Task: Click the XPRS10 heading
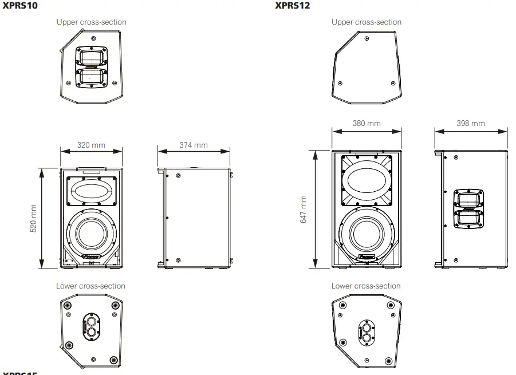20,6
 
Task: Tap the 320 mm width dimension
91,145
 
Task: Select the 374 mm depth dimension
194,145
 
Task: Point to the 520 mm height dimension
33,218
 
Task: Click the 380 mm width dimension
367,124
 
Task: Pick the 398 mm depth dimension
471,124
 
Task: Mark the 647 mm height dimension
304,210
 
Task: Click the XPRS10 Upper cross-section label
91,22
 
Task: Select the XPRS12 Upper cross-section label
367,22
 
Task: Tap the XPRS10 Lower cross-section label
90,286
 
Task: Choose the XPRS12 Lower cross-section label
366,286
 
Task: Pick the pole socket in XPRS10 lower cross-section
91,325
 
